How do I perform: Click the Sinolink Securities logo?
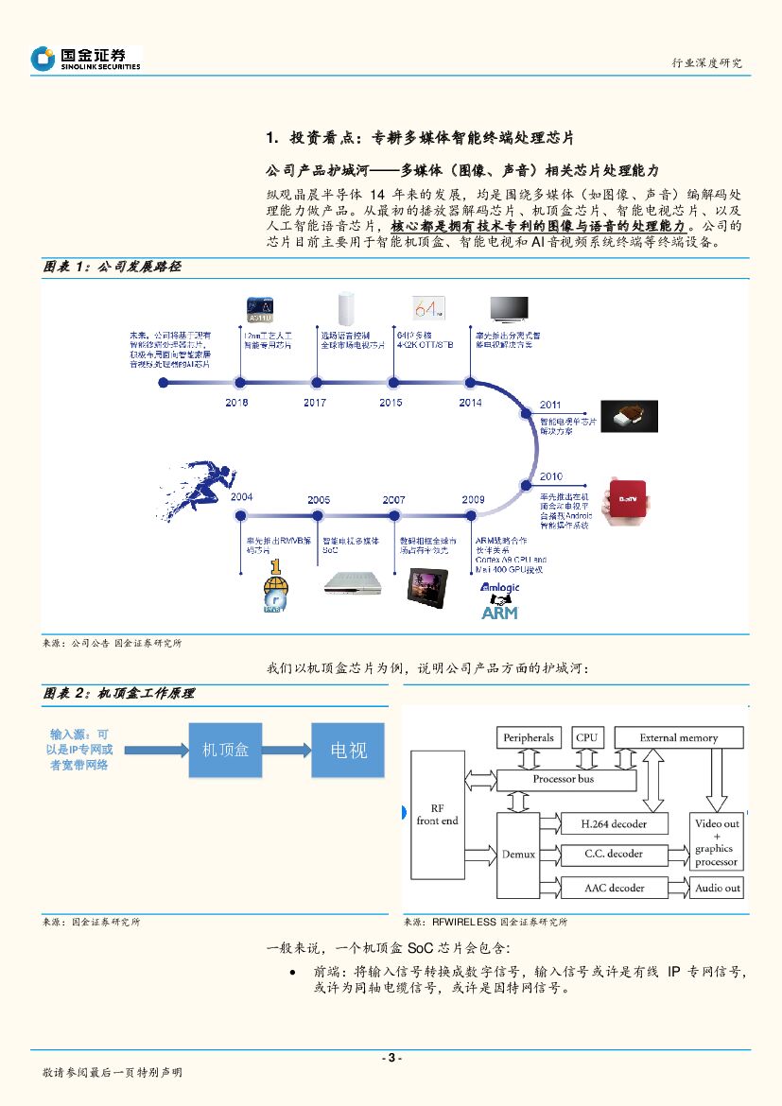click(85, 59)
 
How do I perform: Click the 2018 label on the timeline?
click(237, 403)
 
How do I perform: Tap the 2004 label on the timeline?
click(241, 498)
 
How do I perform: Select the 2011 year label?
click(550, 405)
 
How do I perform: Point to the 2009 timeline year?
click(473, 499)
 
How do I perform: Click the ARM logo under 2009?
click(500, 612)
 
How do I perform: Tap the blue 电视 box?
click(349, 750)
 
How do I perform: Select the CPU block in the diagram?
click(587, 737)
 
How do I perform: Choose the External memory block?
click(678, 737)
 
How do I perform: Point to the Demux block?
click(518, 854)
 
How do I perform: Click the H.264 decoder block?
click(614, 824)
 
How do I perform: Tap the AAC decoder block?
click(614, 888)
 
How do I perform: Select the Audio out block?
click(718, 888)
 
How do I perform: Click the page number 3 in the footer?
click(391, 1057)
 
